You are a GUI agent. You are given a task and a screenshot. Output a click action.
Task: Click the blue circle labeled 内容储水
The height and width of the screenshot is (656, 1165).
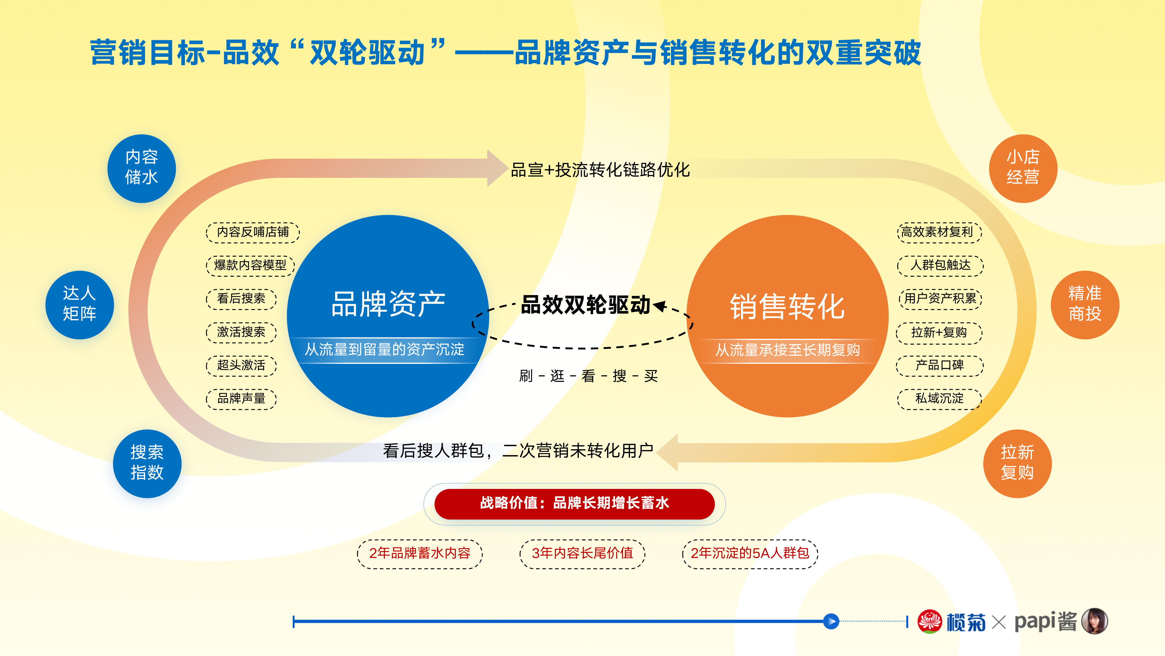coord(142,169)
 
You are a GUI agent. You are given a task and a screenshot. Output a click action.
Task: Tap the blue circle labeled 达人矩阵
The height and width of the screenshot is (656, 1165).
coord(80,305)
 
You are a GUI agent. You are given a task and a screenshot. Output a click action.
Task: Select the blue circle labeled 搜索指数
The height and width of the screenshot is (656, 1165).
coord(147,464)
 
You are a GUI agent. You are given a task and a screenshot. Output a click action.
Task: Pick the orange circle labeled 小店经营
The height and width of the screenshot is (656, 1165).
coord(1023,169)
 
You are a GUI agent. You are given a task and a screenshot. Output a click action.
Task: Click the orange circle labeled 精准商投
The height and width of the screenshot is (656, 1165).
coord(1085,305)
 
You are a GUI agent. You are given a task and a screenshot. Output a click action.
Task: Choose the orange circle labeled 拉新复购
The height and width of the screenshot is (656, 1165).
coord(1018,464)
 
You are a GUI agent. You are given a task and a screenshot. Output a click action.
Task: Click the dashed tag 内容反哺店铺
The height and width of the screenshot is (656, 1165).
coord(253,232)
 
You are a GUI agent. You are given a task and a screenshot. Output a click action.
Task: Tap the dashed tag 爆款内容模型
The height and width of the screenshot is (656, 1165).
coord(250,265)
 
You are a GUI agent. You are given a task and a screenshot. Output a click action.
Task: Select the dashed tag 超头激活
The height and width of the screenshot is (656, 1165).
coord(241,365)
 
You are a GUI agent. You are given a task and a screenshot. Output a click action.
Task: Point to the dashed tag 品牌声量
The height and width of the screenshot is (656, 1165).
coord(241,398)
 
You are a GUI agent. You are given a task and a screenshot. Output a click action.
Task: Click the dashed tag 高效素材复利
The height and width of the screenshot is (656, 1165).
coord(939,232)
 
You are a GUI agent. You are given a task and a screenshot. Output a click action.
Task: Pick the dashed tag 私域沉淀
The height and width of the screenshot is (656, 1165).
coord(939,398)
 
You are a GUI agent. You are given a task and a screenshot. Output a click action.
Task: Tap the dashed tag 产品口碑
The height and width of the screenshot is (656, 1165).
coord(939,365)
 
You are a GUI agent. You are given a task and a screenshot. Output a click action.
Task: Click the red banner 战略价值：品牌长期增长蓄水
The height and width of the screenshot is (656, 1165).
coord(574,504)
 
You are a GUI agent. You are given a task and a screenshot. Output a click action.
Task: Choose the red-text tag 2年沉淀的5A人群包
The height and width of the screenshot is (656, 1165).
coord(750,553)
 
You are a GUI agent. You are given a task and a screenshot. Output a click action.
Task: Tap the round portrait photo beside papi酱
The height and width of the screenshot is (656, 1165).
coord(1095,621)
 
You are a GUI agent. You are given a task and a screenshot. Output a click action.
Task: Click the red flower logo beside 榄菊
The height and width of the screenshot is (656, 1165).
coord(929,621)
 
